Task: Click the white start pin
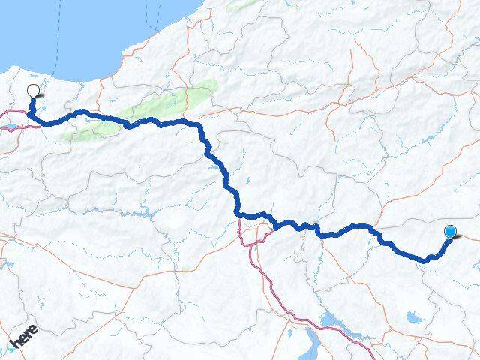33,92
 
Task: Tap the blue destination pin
450,232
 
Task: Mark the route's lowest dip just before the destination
427,259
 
